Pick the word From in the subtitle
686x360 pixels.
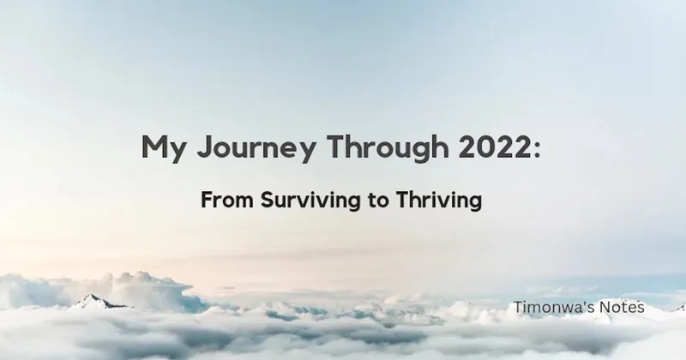point(221,201)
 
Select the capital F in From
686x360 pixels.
point(206,201)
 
